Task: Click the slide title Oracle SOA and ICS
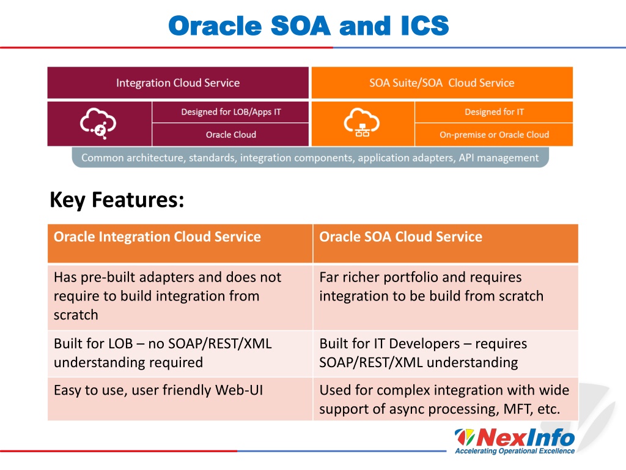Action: point(309,26)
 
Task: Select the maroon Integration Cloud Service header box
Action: point(178,83)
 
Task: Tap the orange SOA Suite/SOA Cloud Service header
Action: point(442,83)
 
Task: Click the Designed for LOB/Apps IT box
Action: point(230,112)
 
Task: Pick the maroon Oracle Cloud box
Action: point(230,135)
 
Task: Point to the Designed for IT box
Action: point(494,112)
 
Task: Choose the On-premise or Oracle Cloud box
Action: point(494,135)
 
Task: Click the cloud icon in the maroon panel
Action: point(98,123)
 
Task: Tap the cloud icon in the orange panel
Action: point(362,122)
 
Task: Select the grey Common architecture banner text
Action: point(310,158)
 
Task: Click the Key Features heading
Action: point(117,200)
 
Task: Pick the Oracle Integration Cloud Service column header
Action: point(180,244)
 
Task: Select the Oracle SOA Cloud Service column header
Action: point(446,244)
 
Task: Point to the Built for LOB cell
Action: point(180,354)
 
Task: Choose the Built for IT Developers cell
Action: point(446,354)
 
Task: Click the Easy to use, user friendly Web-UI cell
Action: point(180,399)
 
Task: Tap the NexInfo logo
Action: point(515,441)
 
